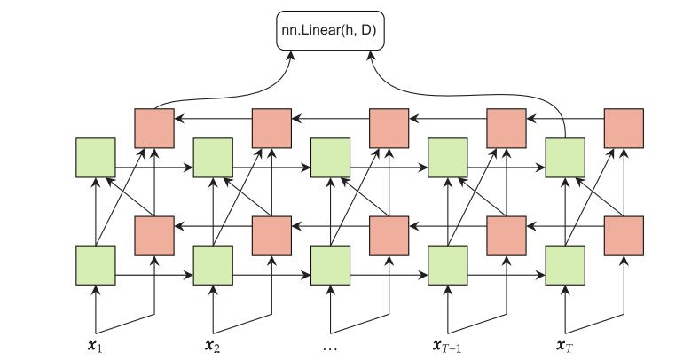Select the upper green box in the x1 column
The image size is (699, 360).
click(96, 158)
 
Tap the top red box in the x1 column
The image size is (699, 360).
click(154, 128)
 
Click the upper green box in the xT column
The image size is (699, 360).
click(565, 158)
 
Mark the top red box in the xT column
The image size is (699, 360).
click(624, 128)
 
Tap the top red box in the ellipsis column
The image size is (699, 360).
click(389, 128)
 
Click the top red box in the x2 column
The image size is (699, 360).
click(271, 128)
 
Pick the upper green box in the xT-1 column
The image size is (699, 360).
click(448, 158)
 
